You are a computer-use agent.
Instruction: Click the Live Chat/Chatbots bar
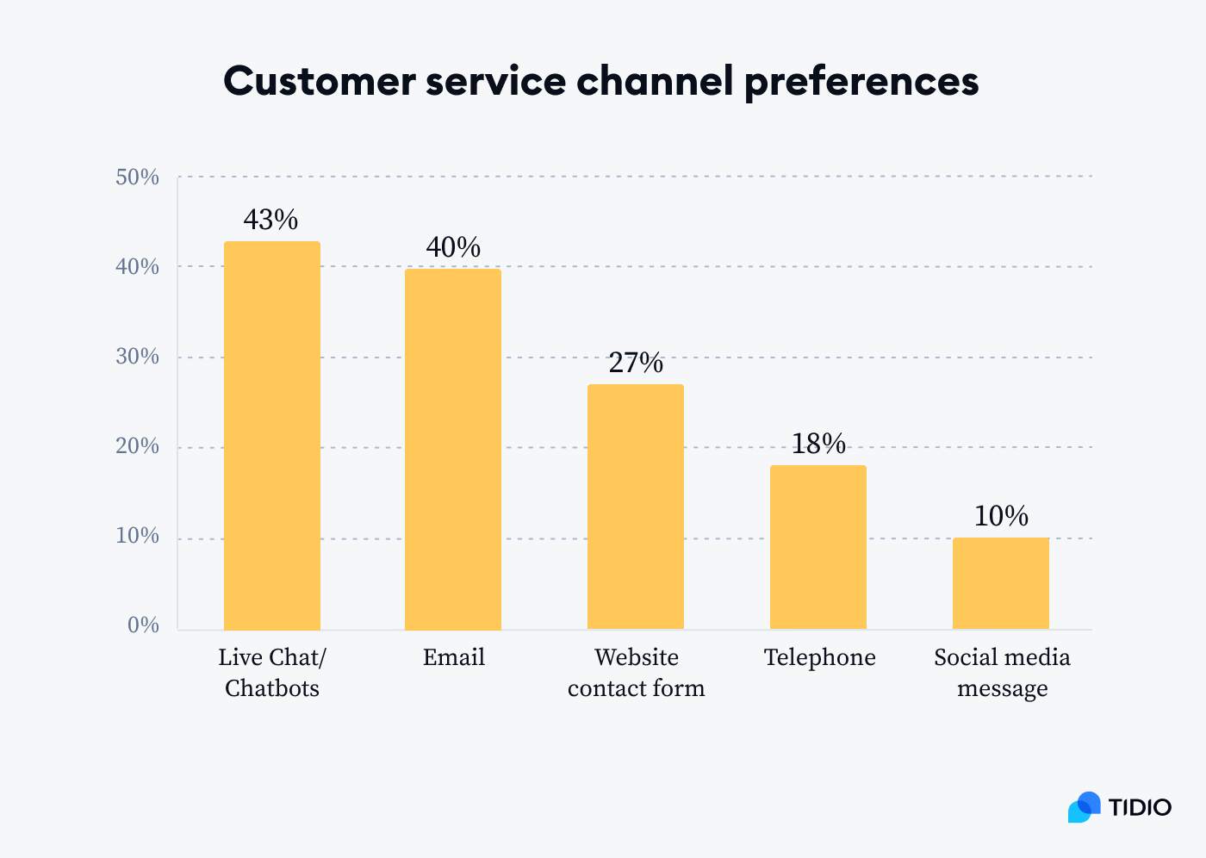tap(272, 435)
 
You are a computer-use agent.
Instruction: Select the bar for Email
tap(453, 449)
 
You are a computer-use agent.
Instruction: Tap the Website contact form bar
tap(636, 507)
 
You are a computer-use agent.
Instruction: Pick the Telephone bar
tap(818, 547)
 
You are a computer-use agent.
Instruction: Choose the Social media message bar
tap(1001, 583)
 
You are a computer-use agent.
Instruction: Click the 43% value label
tap(270, 221)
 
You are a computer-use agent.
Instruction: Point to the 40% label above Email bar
tap(453, 248)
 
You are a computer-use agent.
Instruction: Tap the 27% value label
tap(636, 364)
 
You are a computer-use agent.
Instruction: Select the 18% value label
tap(818, 445)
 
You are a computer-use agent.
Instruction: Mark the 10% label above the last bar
tap(1001, 517)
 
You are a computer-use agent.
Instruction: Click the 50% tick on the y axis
tap(138, 177)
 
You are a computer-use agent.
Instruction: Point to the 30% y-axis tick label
tap(138, 357)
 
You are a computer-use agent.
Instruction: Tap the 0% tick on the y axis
tap(143, 625)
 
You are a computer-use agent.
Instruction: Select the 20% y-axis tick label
tap(138, 446)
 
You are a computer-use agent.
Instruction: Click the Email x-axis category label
tap(454, 657)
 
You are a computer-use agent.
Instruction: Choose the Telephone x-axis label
tap(819, 657)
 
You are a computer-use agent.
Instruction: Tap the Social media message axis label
tap(1002, 673)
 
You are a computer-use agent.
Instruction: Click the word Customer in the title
tap(320, 82)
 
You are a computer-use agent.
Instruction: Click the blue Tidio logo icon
tap(1084, 807)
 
